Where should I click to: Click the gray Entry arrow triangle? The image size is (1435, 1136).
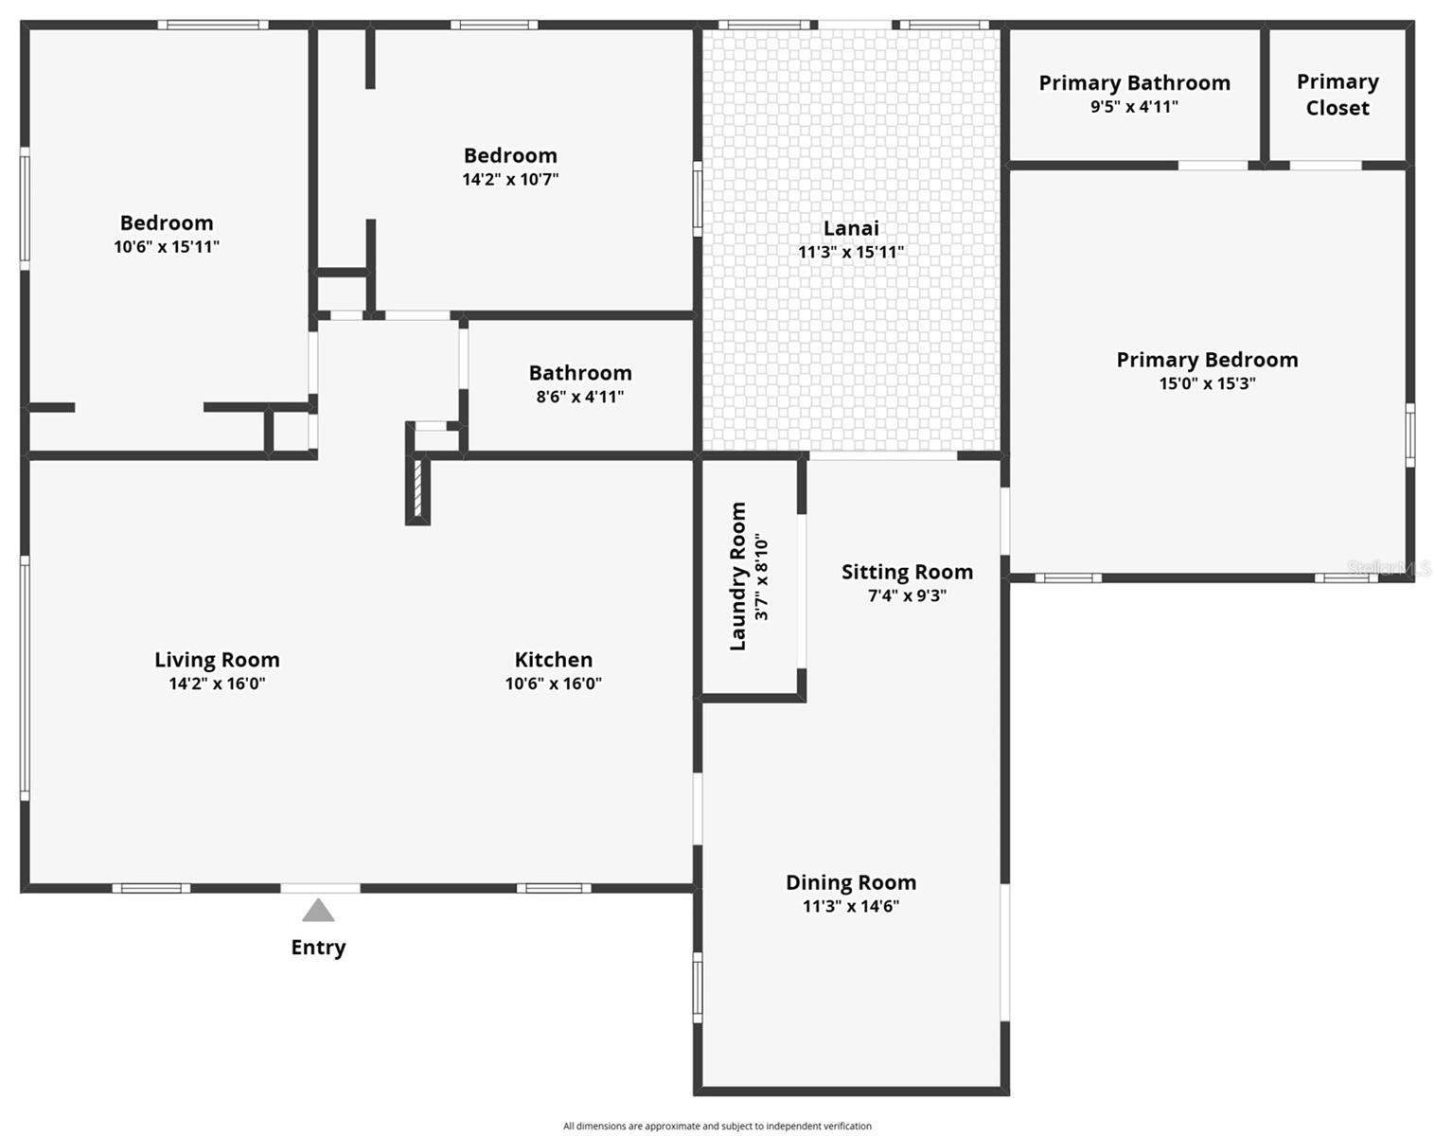(x=318, y=911)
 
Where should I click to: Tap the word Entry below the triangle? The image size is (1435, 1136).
(x=318, y=948)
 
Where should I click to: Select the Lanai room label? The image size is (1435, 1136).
(x=851, y=228)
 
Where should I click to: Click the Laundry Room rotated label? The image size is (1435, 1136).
(x=738, y=577)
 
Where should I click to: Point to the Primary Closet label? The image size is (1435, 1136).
(x=1337, y=95)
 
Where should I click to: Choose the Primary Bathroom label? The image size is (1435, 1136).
(x=1134, y=83)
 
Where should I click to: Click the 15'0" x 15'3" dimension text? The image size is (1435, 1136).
(x=1207, y=383)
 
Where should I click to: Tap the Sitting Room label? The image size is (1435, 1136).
(x=907, y=572)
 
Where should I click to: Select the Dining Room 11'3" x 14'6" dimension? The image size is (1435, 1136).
(x=851, y=906)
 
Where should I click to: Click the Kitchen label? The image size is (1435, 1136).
(x=553, y=660)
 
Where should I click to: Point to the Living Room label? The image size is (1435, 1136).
(x=217, y=660)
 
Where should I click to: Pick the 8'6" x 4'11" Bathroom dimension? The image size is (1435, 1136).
(x=580, y=397)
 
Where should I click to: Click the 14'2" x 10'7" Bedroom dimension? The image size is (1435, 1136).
(x=510, y=179)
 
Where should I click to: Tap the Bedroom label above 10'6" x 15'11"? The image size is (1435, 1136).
(x=167, y=223)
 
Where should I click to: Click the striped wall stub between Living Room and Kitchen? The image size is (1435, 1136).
(x=418, y=490)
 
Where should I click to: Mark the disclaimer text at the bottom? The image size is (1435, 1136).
(x=717, y=1126)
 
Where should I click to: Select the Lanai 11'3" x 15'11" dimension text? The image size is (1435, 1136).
(x=851, y=252)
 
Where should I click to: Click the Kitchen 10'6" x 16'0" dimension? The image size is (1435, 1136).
(x=553, y=683)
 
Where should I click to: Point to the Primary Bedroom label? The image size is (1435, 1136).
(x=1207, y=360)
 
